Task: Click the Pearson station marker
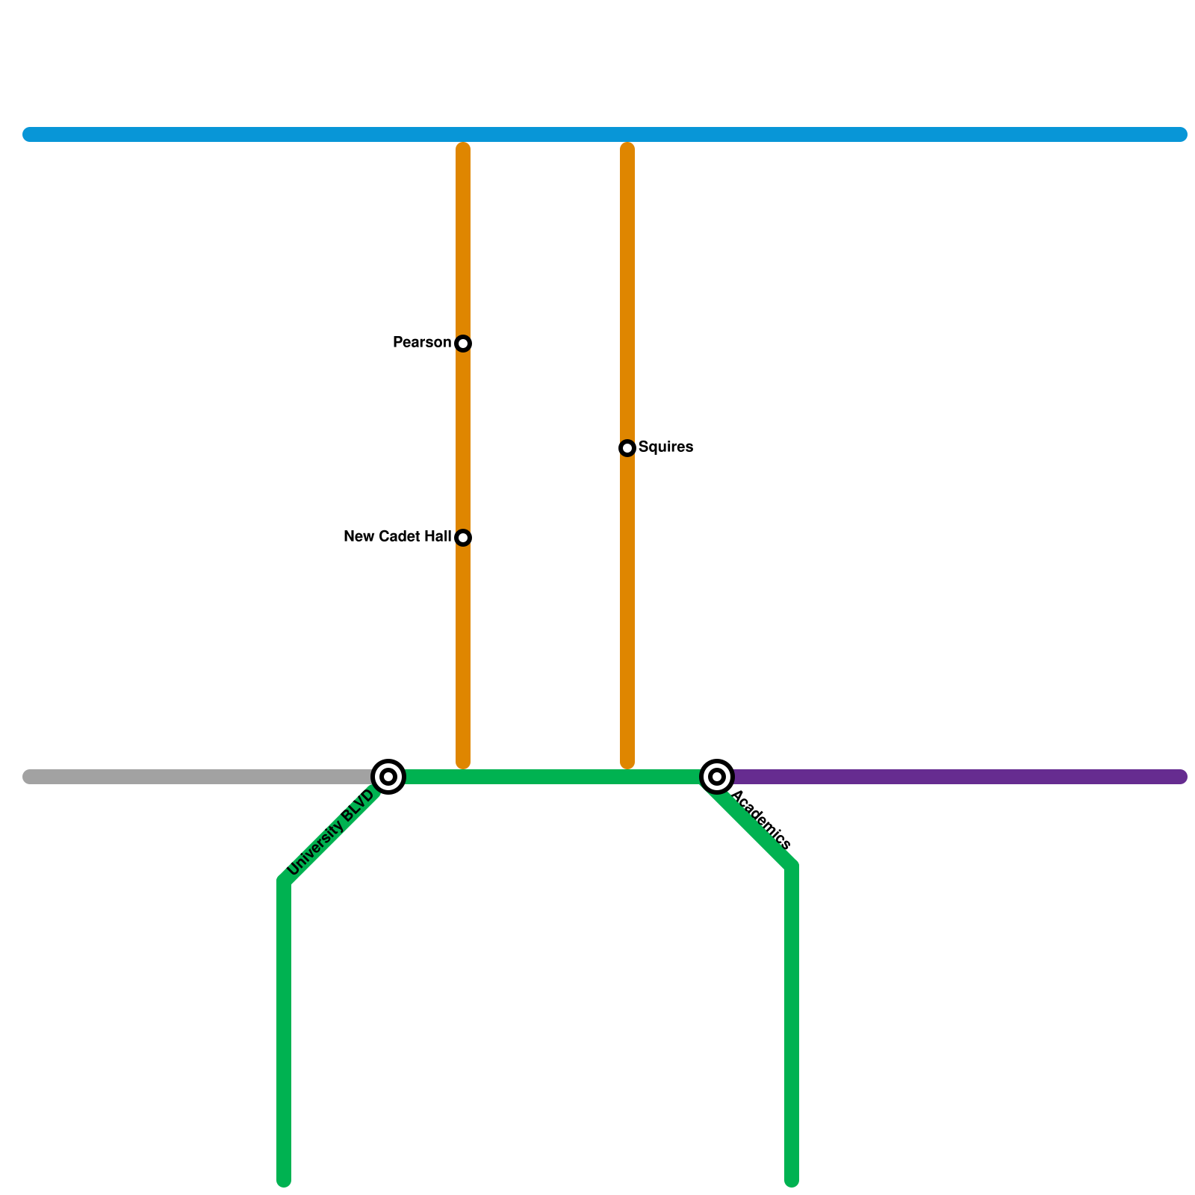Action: (x=463, y=344)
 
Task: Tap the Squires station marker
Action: (x=627, y=448)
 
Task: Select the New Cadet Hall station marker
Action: (x=463, y=538)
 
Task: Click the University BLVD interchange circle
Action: (x=388, y=777)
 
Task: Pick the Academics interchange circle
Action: (x=717, y=777)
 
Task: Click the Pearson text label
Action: (x=422, y=343)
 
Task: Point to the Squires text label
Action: (x=665, y=447)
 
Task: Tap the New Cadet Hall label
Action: (x=397, y=537)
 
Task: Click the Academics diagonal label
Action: (x=761, y=820)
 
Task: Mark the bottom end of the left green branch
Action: (x=284, y=1179)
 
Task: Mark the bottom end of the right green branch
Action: (x=792, y=1179)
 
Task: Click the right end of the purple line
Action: (x=1180, y=777)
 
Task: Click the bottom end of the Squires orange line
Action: (x=627, y=762)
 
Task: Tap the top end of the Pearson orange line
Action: (x=463, y=149)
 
